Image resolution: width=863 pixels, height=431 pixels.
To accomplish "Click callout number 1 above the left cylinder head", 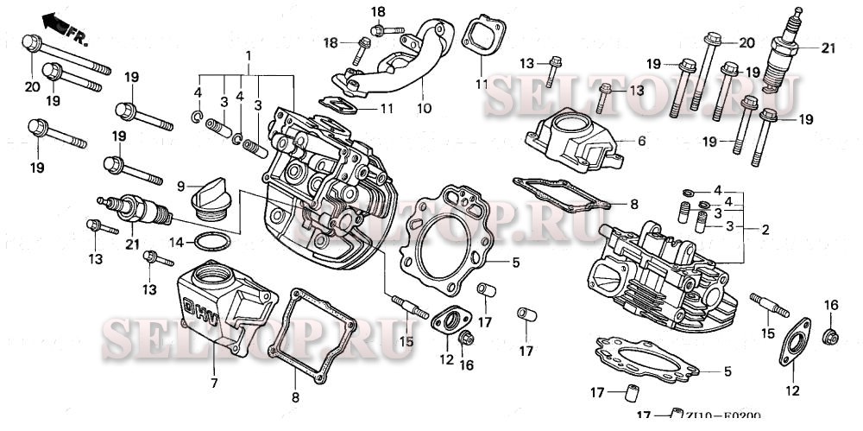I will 249,56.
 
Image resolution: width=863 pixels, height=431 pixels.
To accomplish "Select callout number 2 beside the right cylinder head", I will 765,228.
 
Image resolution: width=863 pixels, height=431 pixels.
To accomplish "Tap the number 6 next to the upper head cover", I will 641,140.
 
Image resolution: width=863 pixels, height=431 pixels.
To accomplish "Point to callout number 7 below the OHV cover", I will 213,382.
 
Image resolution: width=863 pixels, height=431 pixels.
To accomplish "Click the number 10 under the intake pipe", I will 424,109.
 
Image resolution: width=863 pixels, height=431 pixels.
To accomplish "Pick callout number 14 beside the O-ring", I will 175,243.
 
